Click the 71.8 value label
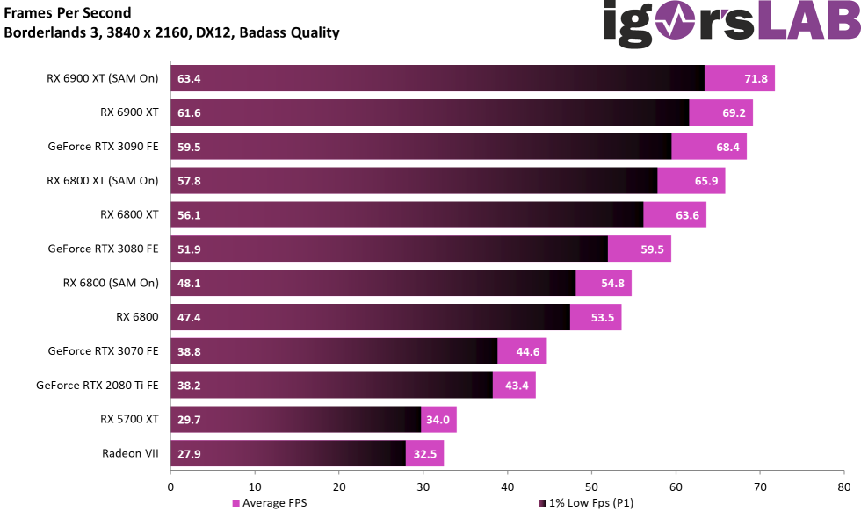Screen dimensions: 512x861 pyautogui.click(x=756, y=79)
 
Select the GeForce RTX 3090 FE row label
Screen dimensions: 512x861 pyautogui.click(x=103, y=147)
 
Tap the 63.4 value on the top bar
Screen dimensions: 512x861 pyautogui.click(x=189, y=79)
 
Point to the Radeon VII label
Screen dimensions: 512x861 pyautogui.click(x=131, y=454)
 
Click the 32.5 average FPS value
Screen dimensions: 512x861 pyautogui.click(x=425, y=454)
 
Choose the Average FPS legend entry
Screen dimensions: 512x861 pyautogui.click(x=269, y=503)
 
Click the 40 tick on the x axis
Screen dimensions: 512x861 pyautogui.click(x=507, y=486)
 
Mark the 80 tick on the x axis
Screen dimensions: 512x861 pyautogui.click(x=843, y=486)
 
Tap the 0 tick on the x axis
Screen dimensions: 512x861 pyautogui.click(x=170, y=486)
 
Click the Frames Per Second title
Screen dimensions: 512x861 pyautogui.click(x=68, y=13)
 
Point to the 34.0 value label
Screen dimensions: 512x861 pyautogui.click(x=438, y=420)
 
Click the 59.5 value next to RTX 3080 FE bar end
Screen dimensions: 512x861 pyautogui.click(x=653, y=249)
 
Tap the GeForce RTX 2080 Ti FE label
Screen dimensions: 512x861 pyautogui.click(x=98, y=386)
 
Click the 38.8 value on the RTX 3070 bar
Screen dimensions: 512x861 pyautogui.click(x=189, y=351)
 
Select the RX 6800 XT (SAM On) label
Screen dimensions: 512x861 pyautogui.click(x=102, y=181)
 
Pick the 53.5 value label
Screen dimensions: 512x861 pyautogui.click(x=603, y=318)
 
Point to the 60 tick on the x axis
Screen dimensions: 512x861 pyautogui.click(x=676, y=486)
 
